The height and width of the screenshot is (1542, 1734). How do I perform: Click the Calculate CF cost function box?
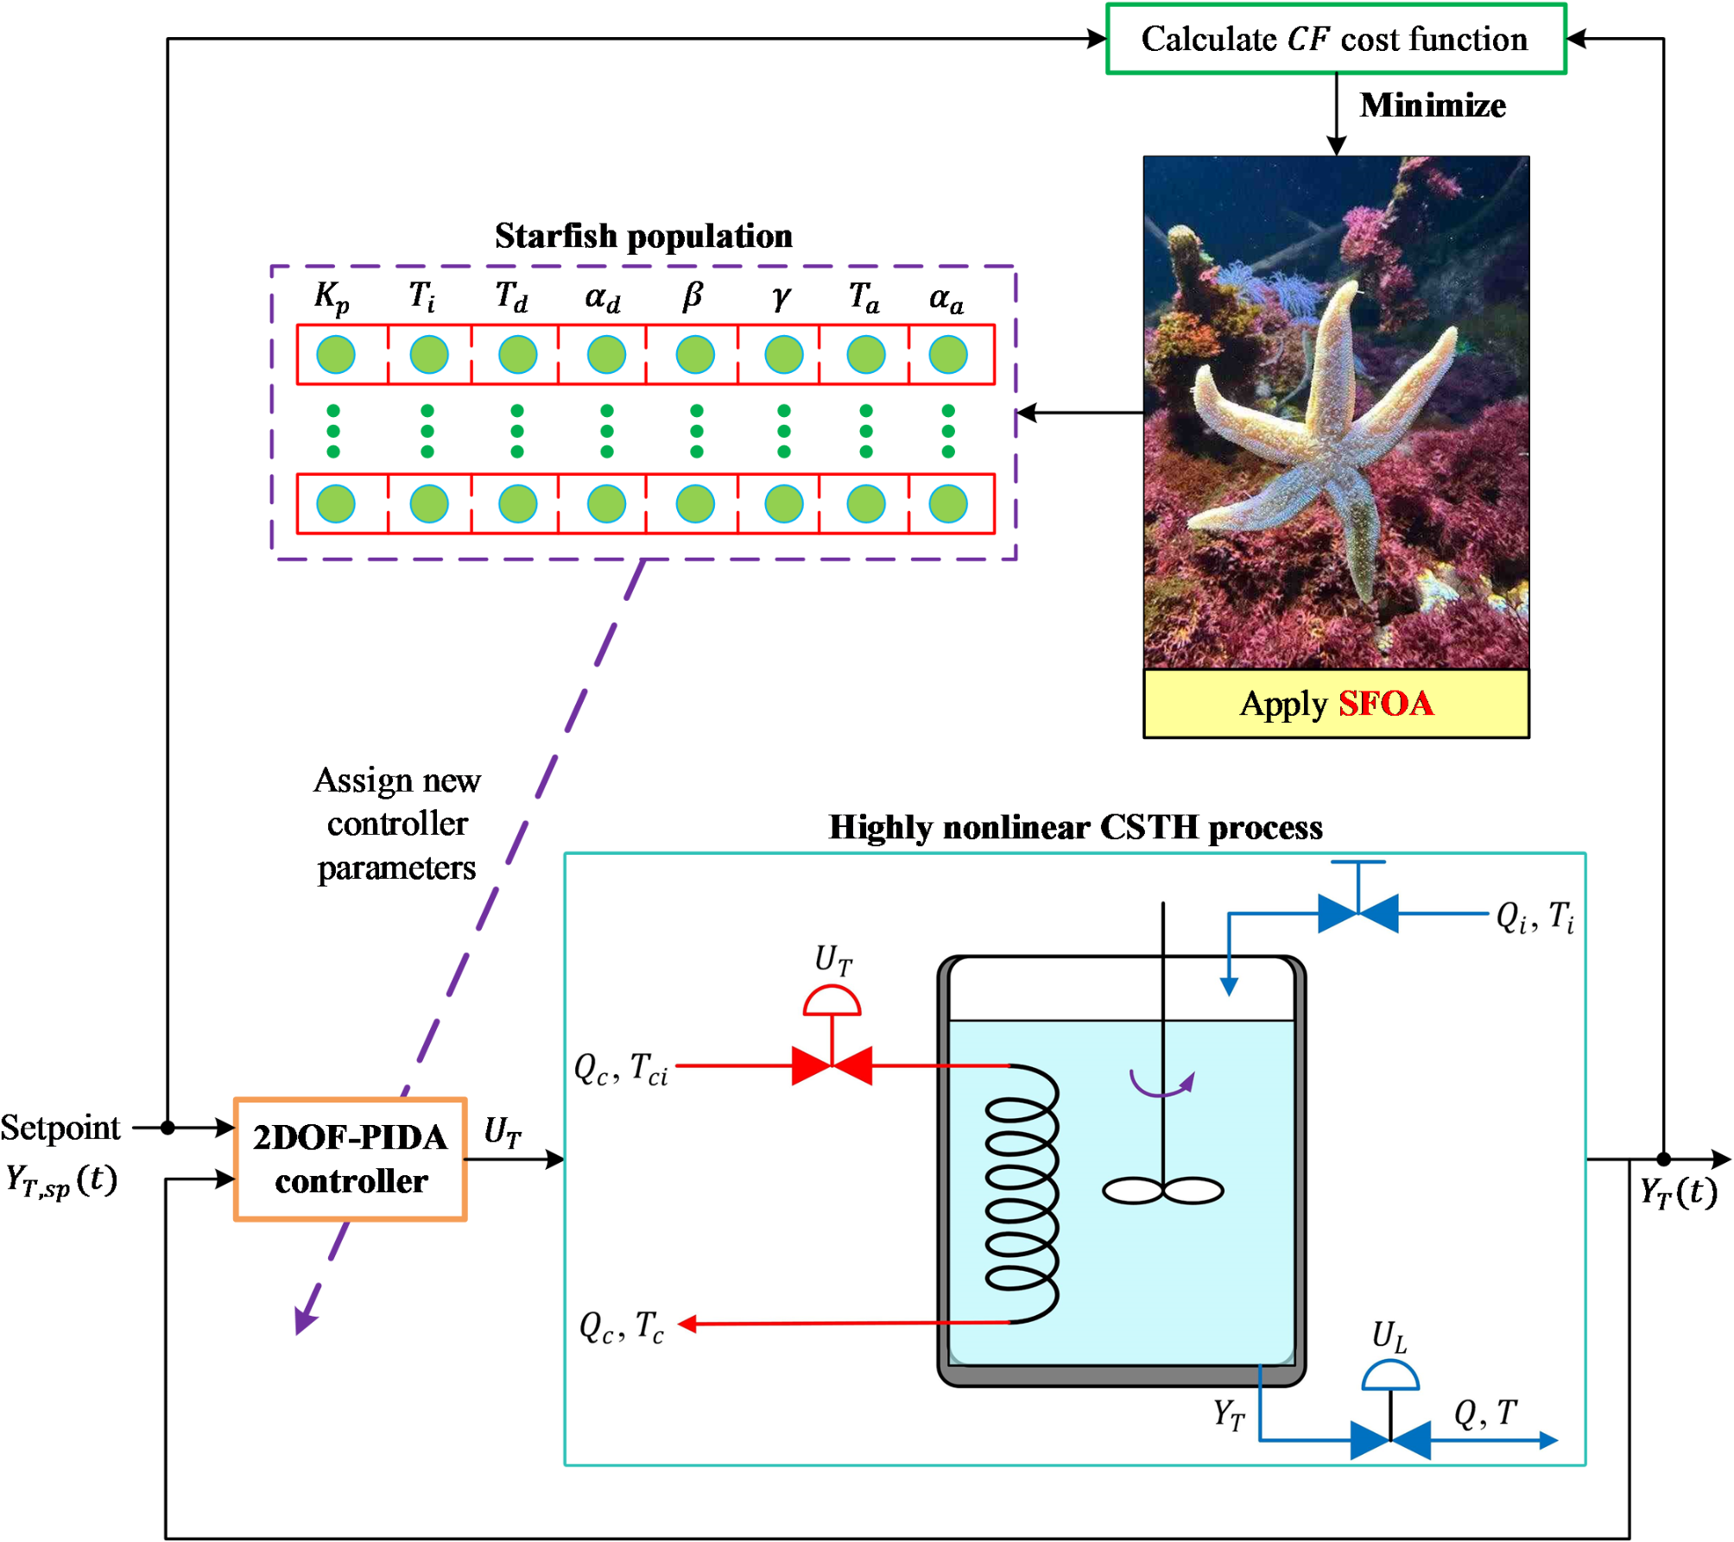point(1336,39)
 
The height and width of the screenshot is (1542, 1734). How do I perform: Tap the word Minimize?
point(1433,105)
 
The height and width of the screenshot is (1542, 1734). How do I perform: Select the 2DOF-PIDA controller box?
point(351,1160)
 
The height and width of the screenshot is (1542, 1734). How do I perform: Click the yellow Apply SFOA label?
point(1336,704)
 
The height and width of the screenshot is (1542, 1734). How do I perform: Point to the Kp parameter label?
point(332,298)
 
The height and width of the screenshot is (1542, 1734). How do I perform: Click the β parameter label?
point(693,296)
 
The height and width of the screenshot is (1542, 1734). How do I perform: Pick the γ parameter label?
point(781,298)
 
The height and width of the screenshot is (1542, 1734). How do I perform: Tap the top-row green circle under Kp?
point(336,355)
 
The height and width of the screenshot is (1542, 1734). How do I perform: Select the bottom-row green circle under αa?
point(948,504)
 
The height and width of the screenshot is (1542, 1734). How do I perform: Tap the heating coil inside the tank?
point(1022,1194)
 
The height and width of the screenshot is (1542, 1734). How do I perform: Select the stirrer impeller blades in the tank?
point(1163,1191)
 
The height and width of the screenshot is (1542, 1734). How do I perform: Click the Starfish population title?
point(643,236)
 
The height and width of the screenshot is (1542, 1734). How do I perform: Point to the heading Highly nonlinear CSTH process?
point(1075,827)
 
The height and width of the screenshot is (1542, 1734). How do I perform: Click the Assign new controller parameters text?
point(397,824)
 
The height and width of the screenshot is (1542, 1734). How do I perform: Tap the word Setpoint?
point(60,1128)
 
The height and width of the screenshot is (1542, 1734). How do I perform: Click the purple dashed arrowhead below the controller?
point(306,1318)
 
